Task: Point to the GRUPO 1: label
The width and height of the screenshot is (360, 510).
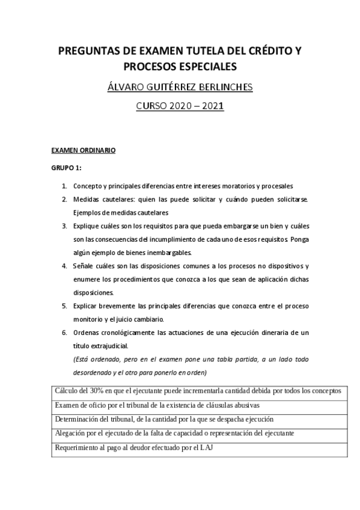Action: point(66,168)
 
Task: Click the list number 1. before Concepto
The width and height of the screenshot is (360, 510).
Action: point(64,186)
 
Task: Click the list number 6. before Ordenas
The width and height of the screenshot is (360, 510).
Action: point(64,333)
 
